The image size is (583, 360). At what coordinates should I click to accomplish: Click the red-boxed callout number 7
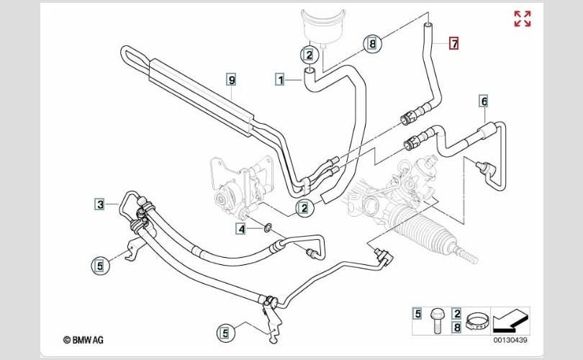(x=454, y=43)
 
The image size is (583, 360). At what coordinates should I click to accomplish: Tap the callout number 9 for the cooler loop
(x=231, y=79)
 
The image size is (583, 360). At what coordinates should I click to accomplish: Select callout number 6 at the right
(x=484, y=102)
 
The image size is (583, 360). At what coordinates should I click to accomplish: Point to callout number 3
(x=101, y=204)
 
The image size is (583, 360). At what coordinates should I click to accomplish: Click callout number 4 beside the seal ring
(x=243, y=229)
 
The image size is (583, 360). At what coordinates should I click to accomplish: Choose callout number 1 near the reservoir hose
(x=280, y=79)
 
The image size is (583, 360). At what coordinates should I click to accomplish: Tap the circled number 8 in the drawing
(x=371, y=44)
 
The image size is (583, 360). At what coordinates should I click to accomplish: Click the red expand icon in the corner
(x=522, y=19)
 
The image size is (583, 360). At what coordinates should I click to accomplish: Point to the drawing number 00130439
(x=510, y=340)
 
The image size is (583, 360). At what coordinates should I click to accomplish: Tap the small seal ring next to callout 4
(x=267, y=229)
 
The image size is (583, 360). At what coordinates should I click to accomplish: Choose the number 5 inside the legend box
(x=417, y=313)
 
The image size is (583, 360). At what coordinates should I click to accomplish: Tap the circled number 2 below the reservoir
(x=307, y=54)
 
